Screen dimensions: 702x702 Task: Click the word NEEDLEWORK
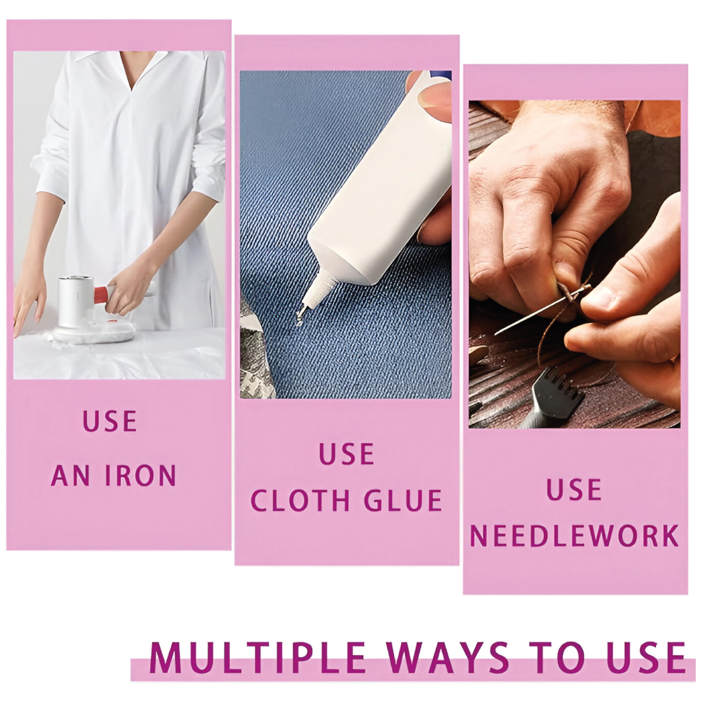pyautogui.click(x=574, y=535)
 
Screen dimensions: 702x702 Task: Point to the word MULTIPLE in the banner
pyautogui.click(x=257, y=657)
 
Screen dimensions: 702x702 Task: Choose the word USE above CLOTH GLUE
pyautogui.click(x=347, y=454)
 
